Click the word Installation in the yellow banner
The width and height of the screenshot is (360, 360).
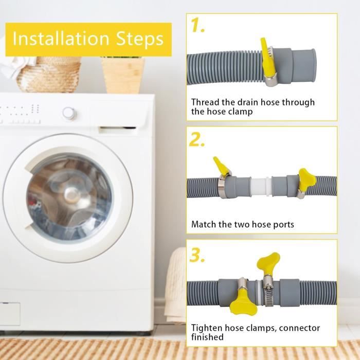point(61,39)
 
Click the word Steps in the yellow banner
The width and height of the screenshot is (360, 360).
point(140,39)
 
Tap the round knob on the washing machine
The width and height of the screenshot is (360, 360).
point(69,113)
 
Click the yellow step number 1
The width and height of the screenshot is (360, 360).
point(197,25)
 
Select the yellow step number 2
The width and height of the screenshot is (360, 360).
point(197,139)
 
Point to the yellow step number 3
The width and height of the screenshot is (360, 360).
point(197,255)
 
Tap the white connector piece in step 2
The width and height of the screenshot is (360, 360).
point(261,186)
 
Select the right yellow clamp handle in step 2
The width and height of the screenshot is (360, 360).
point(307,177)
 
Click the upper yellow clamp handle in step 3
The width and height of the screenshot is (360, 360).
point(268,263)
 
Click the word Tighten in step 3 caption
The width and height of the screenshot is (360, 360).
point(207,328)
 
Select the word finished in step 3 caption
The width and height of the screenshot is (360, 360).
point(207,337)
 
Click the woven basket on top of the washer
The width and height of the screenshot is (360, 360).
point(49,75)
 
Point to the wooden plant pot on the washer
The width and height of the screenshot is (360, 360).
point(123,75)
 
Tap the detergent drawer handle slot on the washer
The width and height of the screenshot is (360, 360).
point(117,130)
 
